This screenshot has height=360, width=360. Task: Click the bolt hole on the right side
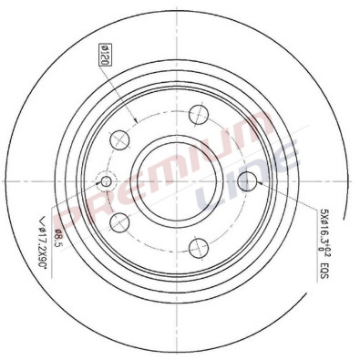(245, 181)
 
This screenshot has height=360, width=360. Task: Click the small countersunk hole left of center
(106, 181)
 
